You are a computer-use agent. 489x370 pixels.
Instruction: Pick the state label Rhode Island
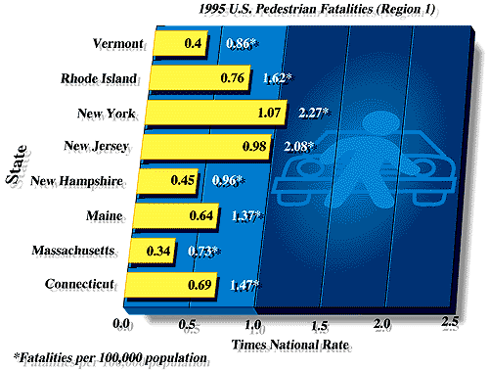[100, 79]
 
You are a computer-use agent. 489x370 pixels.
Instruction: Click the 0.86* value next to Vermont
[241, 44]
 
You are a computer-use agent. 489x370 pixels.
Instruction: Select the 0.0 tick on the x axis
[122, 324]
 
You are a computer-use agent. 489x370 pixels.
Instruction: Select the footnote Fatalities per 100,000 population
[111, 357]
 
